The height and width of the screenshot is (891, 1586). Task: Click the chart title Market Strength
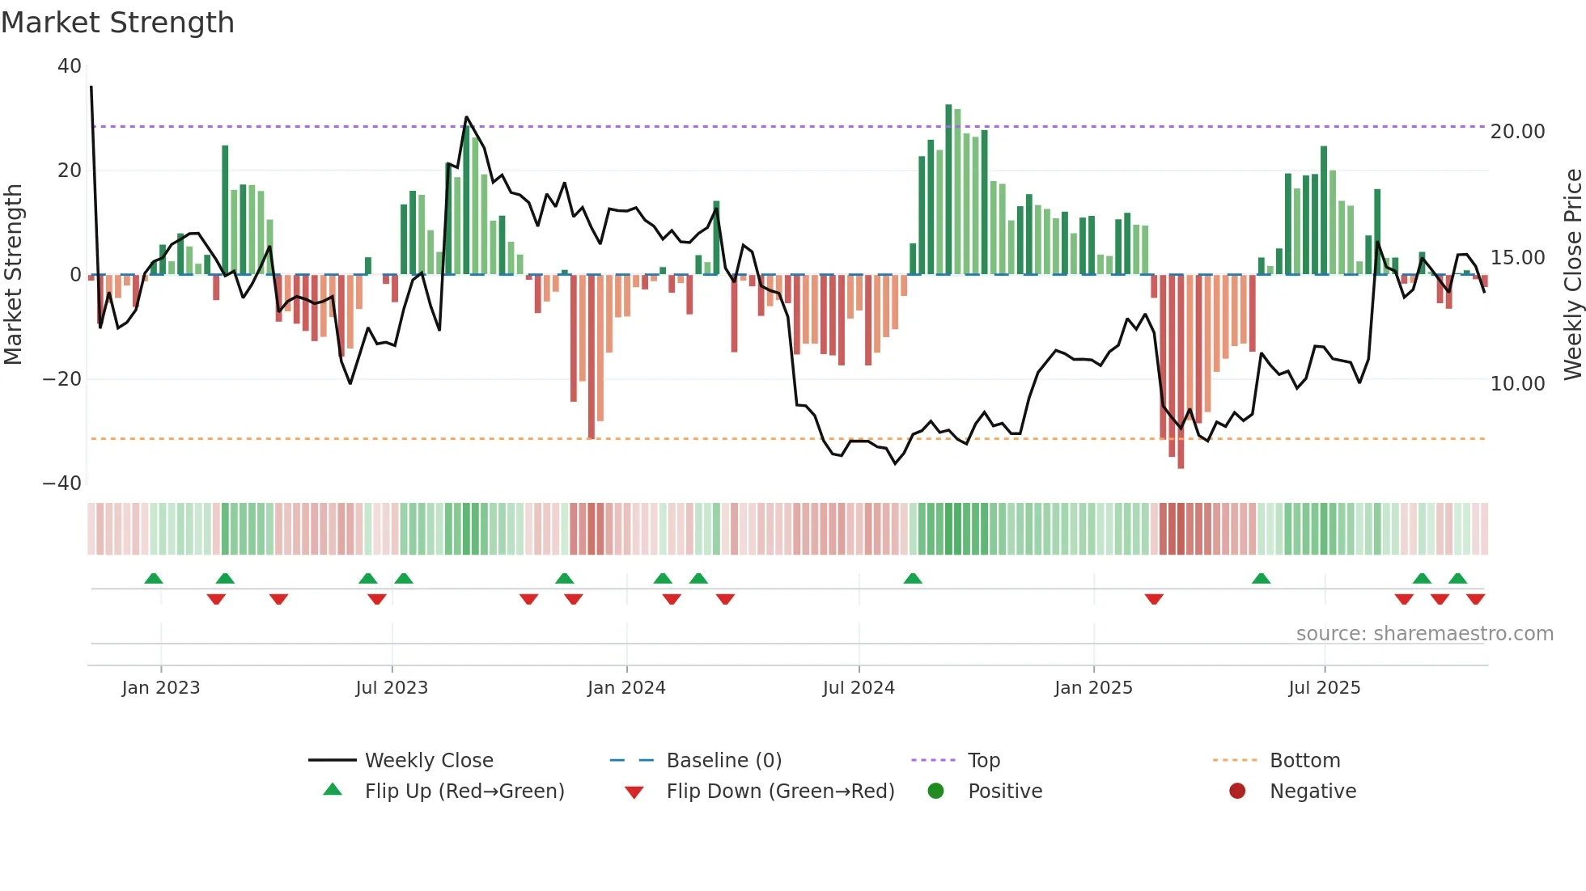coord(117,23)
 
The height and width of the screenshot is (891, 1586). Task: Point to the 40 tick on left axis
coord(70,66)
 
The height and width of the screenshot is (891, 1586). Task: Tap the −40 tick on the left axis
coord(62,484)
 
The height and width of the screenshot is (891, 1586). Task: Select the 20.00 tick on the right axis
coord(1517,132)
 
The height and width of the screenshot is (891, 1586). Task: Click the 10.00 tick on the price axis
coord(1517,384)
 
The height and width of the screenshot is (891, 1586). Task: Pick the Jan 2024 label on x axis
coord(626,688)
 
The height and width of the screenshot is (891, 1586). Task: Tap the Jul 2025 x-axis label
coord(1324,688)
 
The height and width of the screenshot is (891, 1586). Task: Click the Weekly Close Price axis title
coord(1572,275)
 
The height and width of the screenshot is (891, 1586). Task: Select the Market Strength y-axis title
coord(13,275)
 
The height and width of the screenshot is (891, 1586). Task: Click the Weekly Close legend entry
coord(428,761)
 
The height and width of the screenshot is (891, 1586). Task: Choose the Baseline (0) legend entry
coord(723,761)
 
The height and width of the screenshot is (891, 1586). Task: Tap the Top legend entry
coord(983,761)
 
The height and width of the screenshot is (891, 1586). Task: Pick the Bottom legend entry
coord(1304,761)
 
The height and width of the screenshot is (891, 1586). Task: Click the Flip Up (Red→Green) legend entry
coord(464,792)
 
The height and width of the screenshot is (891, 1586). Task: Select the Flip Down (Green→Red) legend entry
coord(780,792)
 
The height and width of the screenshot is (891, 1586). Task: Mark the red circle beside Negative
coord(1236,792)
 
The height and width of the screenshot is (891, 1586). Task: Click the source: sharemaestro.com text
coord(1424,634)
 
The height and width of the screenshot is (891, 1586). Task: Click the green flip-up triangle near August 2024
coord(913,579)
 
